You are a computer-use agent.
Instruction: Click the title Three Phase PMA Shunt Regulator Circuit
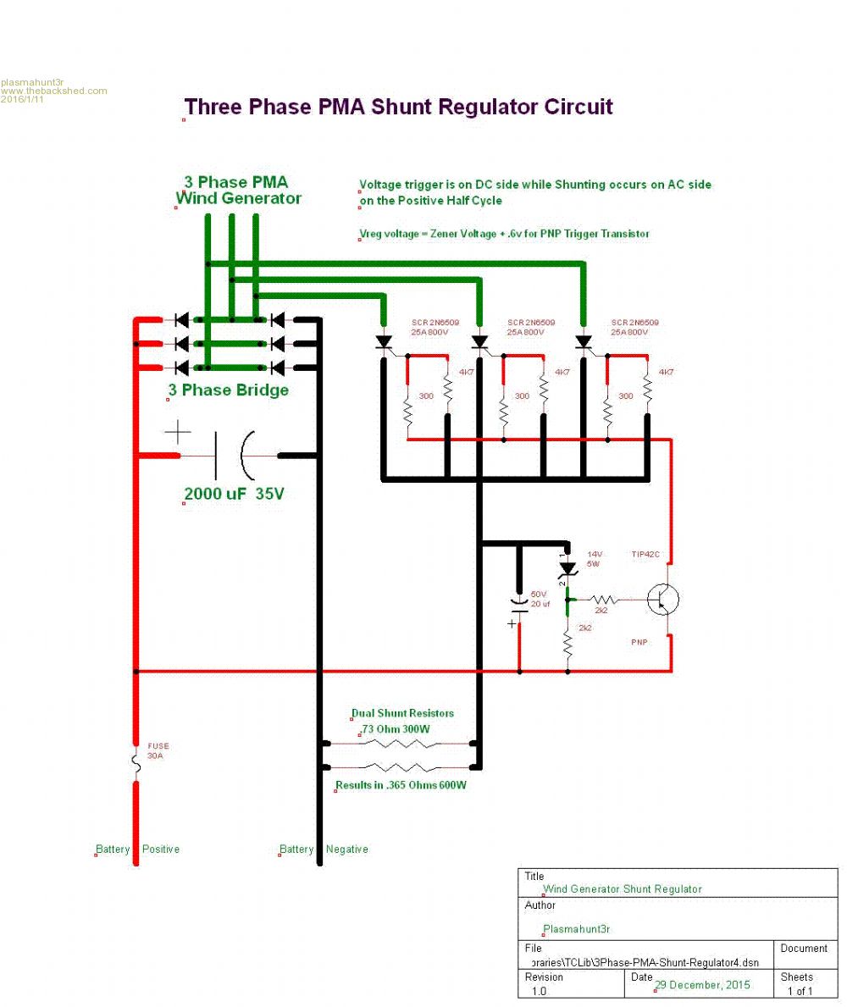[x=398, y=108]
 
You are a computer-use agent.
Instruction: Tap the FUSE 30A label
[x=158, y=751]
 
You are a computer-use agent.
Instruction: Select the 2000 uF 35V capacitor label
[x=235, y=494]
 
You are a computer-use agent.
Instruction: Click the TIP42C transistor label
[x=645, y=555]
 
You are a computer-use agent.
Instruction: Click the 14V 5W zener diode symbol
[x=567, y=568]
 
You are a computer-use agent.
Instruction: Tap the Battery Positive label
[x=137, y=849]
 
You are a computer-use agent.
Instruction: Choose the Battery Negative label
[x=324, y=849]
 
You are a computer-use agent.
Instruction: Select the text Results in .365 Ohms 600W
[x=401, y=785]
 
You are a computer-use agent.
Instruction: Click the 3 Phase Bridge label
[x=229, y=390]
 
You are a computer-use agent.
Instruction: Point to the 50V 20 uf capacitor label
[x=540, y=599]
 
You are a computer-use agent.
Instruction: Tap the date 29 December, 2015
[x=690, y=985]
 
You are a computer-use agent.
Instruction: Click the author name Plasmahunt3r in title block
[x=576, y=929]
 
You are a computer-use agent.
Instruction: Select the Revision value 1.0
[x=539, y=991]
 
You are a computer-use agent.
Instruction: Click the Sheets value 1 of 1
[x=800, y=991]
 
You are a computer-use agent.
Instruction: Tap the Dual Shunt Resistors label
[x=403, y=713]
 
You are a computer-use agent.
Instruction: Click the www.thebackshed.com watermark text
[x=54, y=91]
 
